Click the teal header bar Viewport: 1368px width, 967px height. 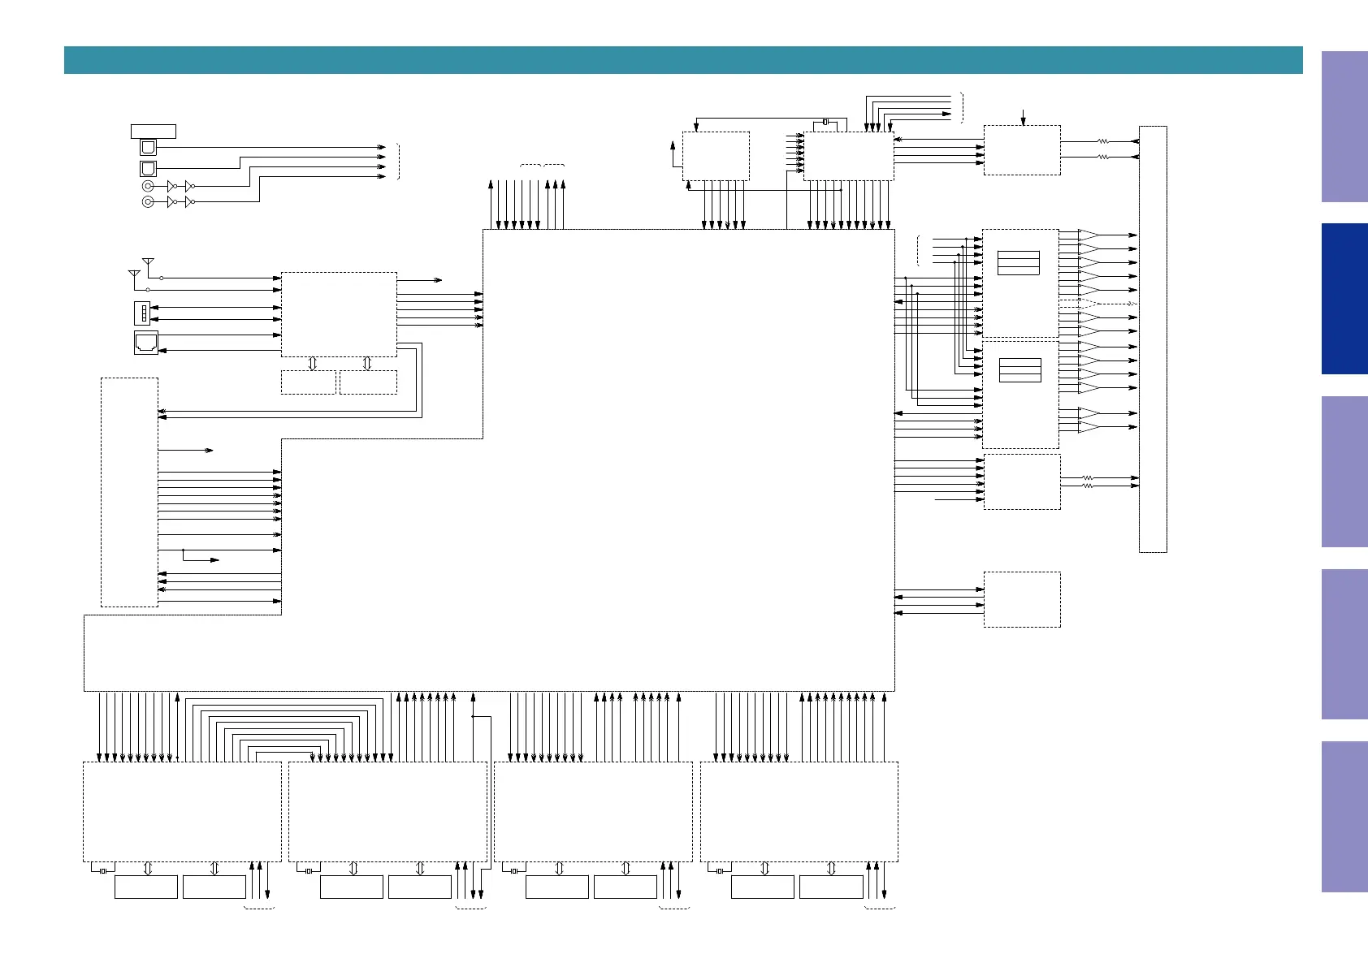[682, 60]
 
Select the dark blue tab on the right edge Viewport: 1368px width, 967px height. [1344, 299]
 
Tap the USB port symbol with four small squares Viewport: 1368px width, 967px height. [142, 313]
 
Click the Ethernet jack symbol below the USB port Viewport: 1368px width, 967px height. [146, 343]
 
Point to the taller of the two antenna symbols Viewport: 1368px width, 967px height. [148, 263]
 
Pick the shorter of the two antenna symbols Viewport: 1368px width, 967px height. [134, 275]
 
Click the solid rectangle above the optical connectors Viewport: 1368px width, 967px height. [154, 132]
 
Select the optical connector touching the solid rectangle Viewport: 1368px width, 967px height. [148, 148]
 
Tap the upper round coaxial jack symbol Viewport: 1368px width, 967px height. [148, 186]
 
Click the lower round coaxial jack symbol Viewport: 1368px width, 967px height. [148, 201]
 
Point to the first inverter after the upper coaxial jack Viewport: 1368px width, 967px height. [171, 186]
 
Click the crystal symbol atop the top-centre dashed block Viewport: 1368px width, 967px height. [825, 122]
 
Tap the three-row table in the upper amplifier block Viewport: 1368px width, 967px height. [1019, 263]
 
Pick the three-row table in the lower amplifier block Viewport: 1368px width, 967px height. [1020, 370]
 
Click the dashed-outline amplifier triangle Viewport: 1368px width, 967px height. [1088, 304]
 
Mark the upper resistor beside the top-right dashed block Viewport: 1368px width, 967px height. [1102, 141]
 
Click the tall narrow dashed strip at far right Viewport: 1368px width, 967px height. [1153, 339]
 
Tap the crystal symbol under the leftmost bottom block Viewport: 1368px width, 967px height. [103, 872]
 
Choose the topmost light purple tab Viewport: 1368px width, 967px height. [1344, 127]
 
